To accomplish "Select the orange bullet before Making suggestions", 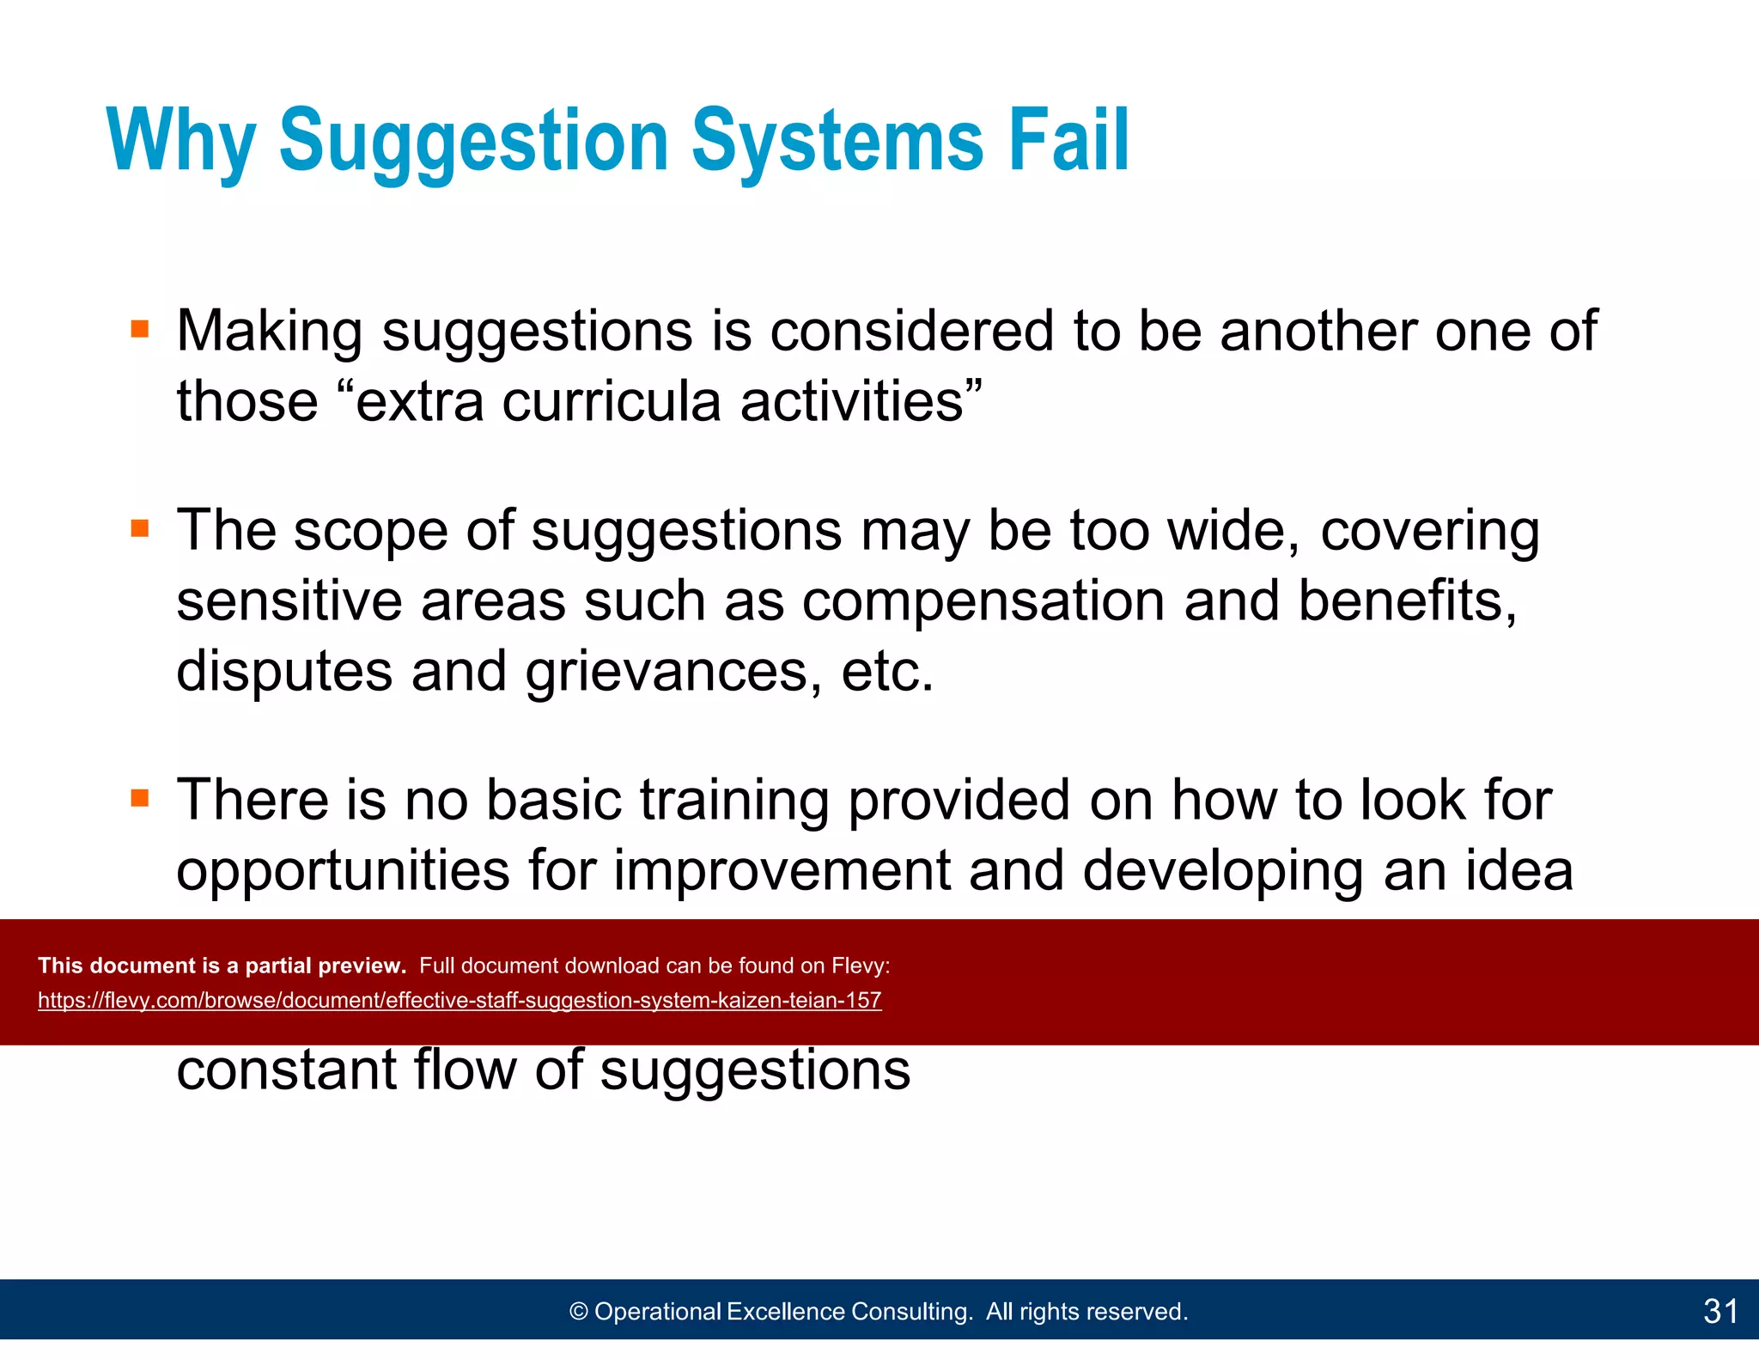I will coord(140,329).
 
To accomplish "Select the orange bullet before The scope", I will coord(140,527).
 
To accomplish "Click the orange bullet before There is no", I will coord(140,798).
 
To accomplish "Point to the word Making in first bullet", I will coord(269,332).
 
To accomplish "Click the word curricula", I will coord(611,402).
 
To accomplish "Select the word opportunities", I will coord(343,871).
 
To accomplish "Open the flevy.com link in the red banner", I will coord(460,1001).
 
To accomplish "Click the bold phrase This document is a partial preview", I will coord(222,966).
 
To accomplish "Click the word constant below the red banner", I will coord(286,1070).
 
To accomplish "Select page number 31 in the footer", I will coord(1720,1311).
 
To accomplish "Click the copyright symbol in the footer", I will coord(579,1312).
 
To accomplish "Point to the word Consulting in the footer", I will coord(911,1312).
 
